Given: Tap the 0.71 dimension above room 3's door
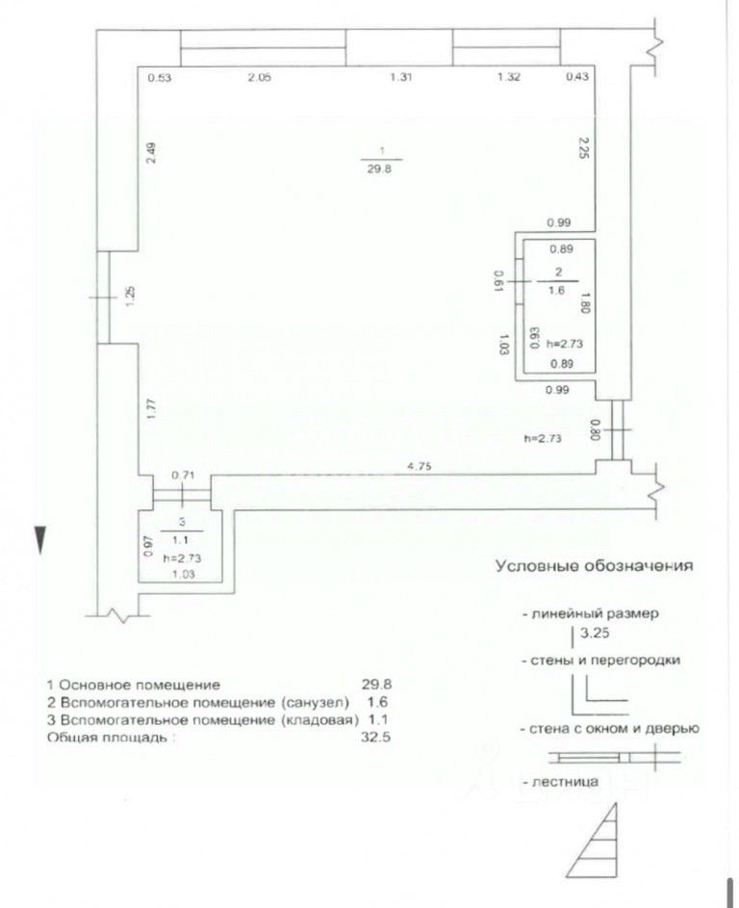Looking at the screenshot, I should click(x=183, y=475).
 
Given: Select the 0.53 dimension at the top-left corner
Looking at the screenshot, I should click(x=158, y=78).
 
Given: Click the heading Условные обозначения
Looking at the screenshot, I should click(x=594, y=566).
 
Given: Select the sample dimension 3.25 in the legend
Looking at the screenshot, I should click(x=598, y=635).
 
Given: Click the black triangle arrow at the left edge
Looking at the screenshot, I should click(x=39, y=540).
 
